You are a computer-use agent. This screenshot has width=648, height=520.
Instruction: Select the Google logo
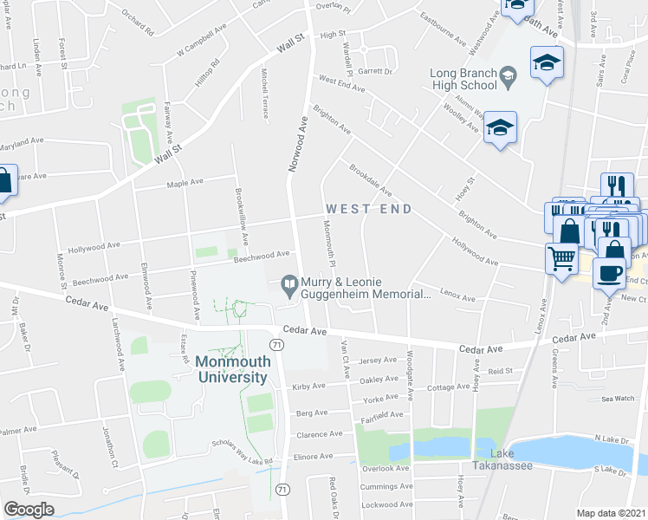(x=29, y=510)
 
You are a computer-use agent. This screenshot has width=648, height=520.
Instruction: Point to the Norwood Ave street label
(x=297, y=144)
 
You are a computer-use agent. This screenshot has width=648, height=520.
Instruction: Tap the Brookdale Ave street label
(x=371, y=179)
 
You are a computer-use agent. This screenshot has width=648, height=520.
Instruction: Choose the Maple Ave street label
(x=184, y=185)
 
